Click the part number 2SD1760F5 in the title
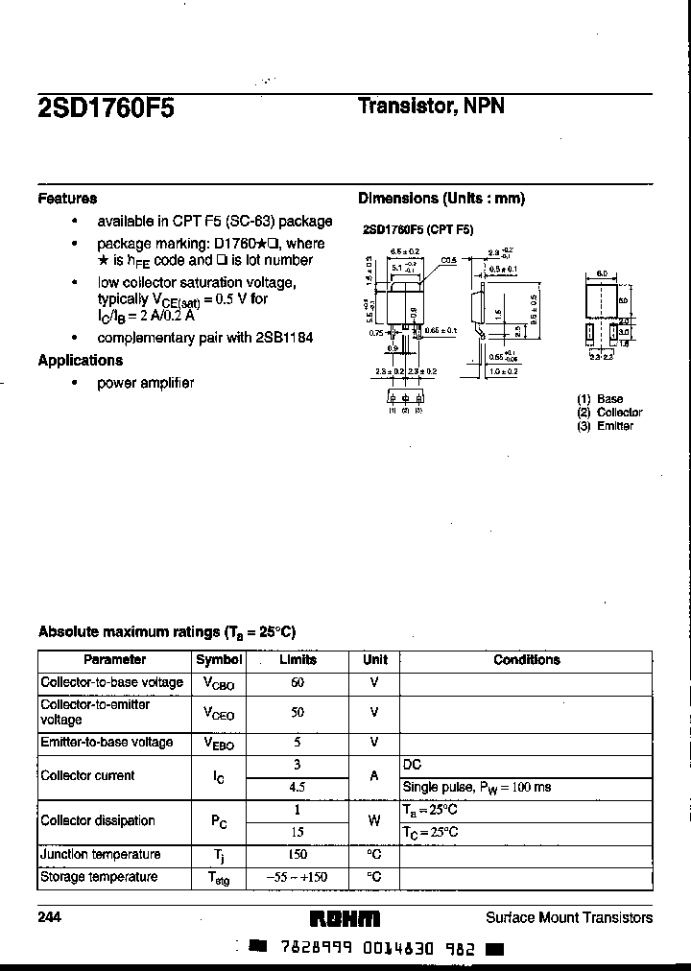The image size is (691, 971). click(107, 107)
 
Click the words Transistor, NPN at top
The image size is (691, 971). click(431, 107)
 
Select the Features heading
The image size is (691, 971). click(67, 199)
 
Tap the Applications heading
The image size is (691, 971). click(81, 361)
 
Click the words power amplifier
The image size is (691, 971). click(146, 383)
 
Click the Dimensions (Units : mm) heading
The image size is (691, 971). click(441, 199)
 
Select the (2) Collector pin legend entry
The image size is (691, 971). click(609, 413)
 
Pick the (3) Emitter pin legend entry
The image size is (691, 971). click(605, 426)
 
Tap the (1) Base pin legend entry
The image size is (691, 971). click(600, 399)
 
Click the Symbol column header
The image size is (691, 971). click(219, 660)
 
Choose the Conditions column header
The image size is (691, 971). click(526, 660)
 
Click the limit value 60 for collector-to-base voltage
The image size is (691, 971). click(298, 682)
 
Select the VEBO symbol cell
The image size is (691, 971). click(219, 744)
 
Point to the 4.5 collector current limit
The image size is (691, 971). click(298, 788)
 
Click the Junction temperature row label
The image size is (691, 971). click(100, 855)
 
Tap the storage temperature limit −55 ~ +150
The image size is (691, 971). click(298, 878)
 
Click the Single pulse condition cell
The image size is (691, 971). click(476, 788)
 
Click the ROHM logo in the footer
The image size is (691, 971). click(346, 918)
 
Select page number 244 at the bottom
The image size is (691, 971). click(49, 918)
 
